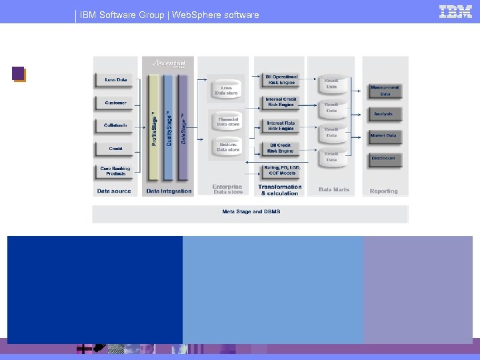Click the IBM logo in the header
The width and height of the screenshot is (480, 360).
(x=455, y=12)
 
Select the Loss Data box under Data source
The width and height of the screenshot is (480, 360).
(x=115, y=80)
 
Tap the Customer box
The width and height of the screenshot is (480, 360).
(x=115, y=103)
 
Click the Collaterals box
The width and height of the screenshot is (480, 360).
(x=115, y=125)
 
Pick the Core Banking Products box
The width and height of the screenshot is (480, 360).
(x=115, y=171)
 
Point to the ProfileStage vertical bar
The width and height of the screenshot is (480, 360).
(x=154, y=127)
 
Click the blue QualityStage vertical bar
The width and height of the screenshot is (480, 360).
(x=169, y=127)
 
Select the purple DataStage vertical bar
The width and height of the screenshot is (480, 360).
(x=183, y=127)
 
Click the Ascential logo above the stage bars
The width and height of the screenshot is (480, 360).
(x=168, y=63)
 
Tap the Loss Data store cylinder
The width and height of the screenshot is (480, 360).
(x=228, y=91)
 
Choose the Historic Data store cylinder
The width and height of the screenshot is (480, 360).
(x=228, y=146)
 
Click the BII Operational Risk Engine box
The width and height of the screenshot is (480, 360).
(x=281, y=80)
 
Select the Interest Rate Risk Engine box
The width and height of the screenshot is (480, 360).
(x=281, y=125)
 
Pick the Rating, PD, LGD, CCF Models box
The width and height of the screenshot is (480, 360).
(x=281, y=171)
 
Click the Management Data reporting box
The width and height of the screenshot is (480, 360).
(x=385, y=91)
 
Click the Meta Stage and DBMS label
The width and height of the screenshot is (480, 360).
(x=251, y=212)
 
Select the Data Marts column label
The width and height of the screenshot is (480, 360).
(x=334, y=190)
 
